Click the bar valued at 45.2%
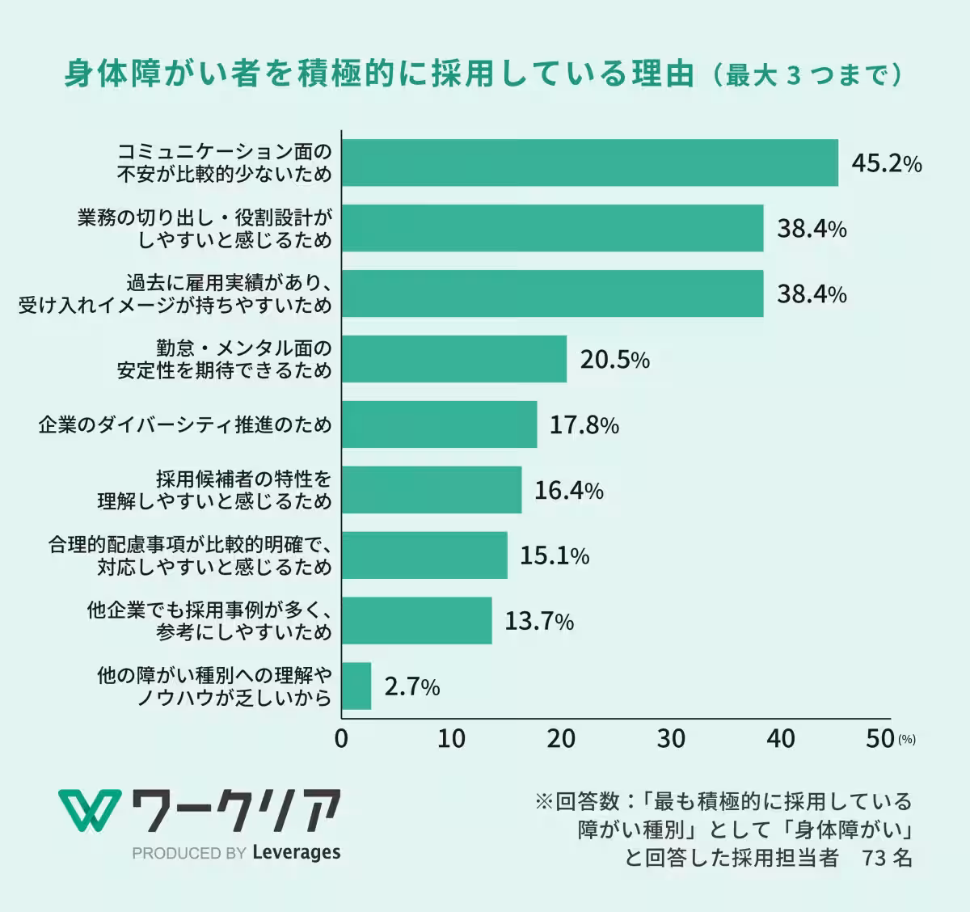coord(589,163)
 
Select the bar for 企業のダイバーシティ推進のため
coord(439,424)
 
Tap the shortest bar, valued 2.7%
coord(356,686)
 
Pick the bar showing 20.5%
coord(453,359)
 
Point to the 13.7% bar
coord(416,621)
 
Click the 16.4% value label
coord(568,490)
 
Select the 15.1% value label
coord(554,555)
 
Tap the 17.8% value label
coord(584,424)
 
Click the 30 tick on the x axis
coord(671,738)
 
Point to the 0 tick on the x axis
coord(341,738)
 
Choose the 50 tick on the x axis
coord(879,738)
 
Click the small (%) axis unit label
coord(906,739)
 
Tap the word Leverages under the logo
coord(296,852)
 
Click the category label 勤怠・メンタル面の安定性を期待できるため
coord(224,359)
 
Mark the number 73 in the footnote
coord(875,857)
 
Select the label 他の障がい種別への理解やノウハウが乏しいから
coord(214,686)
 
